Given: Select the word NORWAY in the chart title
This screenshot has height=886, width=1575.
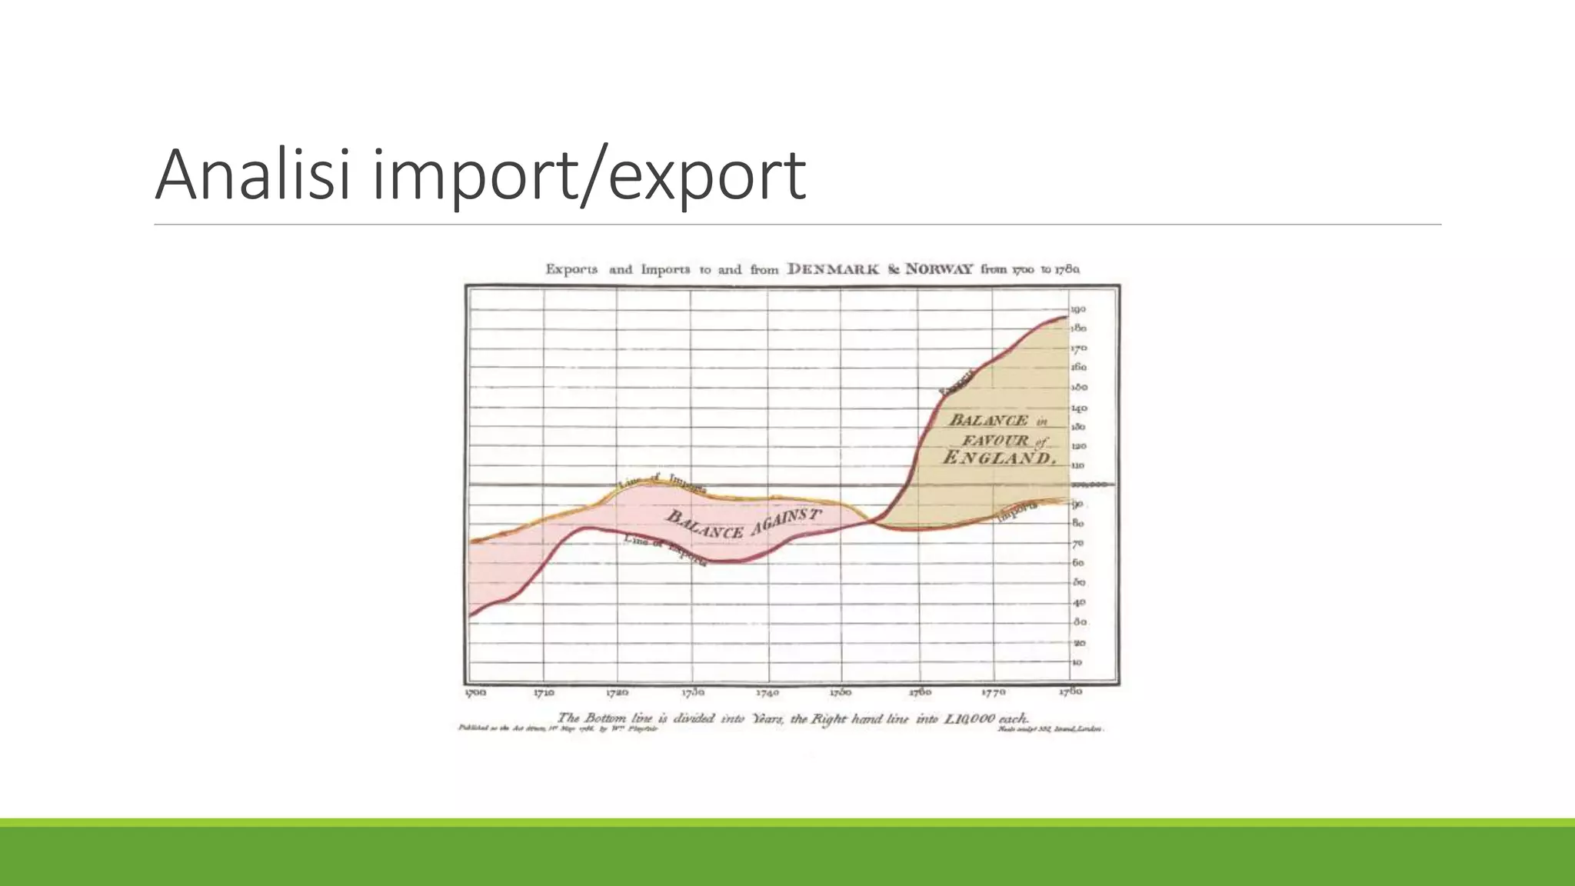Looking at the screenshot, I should [939, 269].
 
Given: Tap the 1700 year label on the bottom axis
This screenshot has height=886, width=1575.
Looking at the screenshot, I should [475, 692].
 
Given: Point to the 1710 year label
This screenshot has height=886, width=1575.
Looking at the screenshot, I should [544, 692].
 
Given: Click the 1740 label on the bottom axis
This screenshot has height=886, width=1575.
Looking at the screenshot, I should [768, 692].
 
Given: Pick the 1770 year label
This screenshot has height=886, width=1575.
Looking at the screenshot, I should [994, 692].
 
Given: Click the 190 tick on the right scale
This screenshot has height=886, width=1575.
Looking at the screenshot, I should [1078, 309].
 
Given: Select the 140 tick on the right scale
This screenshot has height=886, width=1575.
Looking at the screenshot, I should [1078, 408].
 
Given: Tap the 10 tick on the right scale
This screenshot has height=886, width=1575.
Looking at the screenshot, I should [1077, 662].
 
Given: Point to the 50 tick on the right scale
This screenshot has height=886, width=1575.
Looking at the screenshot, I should [1078, 582].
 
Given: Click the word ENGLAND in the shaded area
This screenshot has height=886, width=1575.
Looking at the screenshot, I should [998, 458].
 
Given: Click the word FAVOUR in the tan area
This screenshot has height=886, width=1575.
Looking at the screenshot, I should [995, 441].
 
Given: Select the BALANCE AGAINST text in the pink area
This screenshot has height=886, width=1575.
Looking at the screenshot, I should [743, 524].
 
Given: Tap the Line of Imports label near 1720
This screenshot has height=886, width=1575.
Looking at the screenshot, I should [663, 482].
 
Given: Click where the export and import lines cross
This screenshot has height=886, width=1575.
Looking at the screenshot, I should [873, 521].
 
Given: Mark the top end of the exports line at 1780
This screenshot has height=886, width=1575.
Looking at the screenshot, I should [1067, 317].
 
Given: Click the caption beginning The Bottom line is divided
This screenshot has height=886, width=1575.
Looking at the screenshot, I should [792, 718].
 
